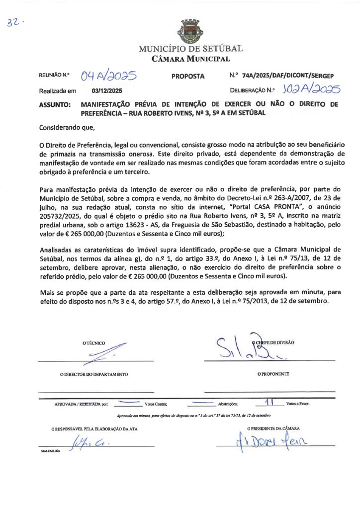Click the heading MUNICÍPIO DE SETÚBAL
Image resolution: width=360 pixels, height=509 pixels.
click(x=190, y=49)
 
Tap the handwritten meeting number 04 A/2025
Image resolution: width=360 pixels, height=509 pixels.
click(x=109, y=76)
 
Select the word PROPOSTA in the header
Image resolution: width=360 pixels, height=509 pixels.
click(x=188, y=76)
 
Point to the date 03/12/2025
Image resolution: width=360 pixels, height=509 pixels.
click(x=107, y=91)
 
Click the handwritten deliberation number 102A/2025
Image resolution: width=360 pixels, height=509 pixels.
click(x=310, y=89)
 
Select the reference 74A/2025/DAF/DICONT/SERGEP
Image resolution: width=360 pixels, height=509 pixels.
click(x=288, y=76)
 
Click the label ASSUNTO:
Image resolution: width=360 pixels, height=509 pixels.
click(x=55, y=105)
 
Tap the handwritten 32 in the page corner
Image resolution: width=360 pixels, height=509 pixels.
click(x=13, y=23)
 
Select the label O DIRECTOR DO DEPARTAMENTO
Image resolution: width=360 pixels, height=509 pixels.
click(x=94, y=374)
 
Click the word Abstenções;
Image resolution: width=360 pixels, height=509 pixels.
click(x=228, y=404)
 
